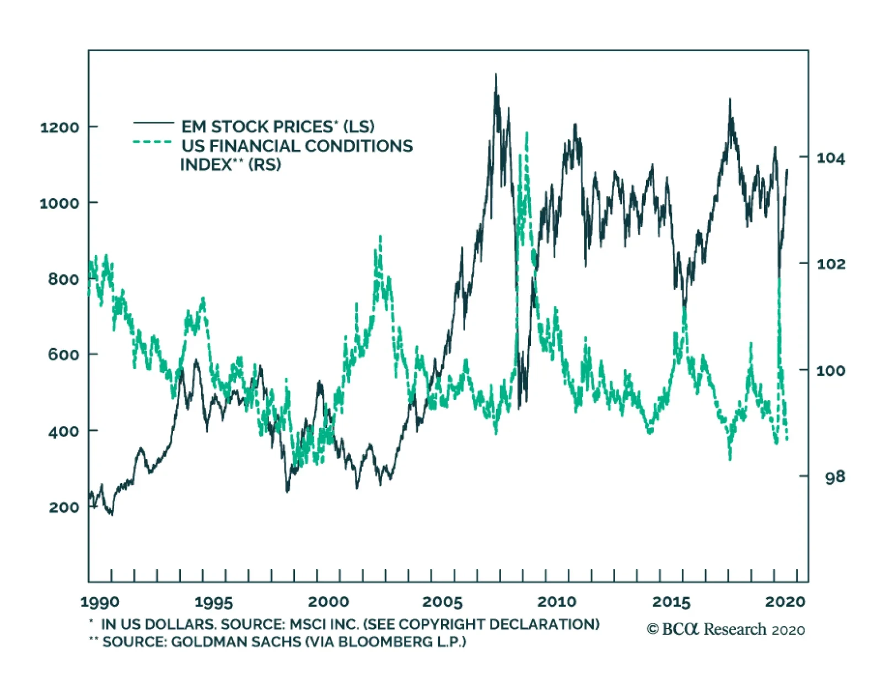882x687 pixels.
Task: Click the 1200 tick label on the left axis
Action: pos(60,127)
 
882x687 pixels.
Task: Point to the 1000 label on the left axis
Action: pos(60,203)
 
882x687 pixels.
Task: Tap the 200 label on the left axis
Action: pos(64,507)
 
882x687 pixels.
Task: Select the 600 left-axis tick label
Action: pos(64,354)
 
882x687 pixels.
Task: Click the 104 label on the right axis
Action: pos(830,159)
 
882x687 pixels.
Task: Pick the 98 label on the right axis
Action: pos(835,477)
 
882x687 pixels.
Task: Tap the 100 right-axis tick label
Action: pos(830,370)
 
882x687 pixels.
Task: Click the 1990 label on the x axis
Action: pos(100,602)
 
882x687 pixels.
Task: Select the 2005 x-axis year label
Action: pos(442,602)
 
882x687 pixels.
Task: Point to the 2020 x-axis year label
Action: pos(785,602)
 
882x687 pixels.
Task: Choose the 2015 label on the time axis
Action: pos(671,602)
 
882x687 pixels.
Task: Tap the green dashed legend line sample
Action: pos(153,142)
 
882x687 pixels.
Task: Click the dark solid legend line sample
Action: pos(153,122)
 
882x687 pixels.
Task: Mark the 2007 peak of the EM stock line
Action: pos(496,75)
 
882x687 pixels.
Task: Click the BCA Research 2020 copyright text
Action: pos(725,629)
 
